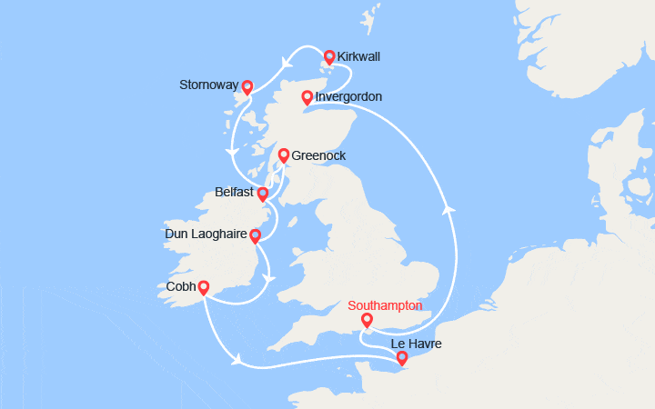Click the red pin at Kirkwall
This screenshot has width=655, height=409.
tap(328, 56)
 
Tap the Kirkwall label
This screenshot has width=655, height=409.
tap(358, 56)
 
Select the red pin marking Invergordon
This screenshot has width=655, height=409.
tap(307, 96)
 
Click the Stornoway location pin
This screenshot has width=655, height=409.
tap(246, 88)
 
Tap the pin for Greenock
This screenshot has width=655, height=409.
tap(283, 155)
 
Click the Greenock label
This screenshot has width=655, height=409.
tap(318, 156)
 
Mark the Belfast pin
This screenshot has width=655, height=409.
tap(263, 194)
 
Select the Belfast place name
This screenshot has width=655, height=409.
tap(235, 193)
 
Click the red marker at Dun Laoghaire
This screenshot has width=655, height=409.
tap(255, 236)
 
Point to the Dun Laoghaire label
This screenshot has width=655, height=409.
tap(207, 235)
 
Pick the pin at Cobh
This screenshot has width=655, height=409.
tap(204, 287)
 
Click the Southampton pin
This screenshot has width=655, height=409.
tap(367, 320)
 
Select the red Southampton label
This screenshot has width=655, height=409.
tap(387, 305)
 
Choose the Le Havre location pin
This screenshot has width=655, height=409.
tap(402, 358)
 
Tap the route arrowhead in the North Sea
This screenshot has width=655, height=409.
tap(447, 208)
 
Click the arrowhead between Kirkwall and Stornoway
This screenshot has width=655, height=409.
tap(287, 63)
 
